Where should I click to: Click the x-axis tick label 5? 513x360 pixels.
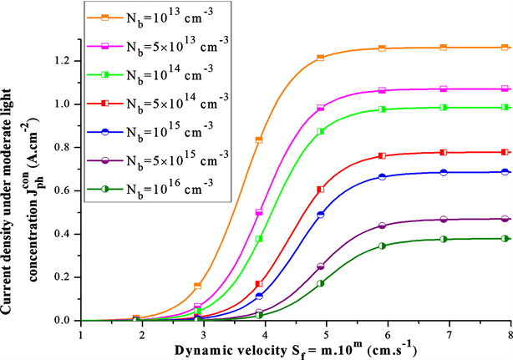tap(327, 333)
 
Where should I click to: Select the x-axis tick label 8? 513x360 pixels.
tap(509, 333)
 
